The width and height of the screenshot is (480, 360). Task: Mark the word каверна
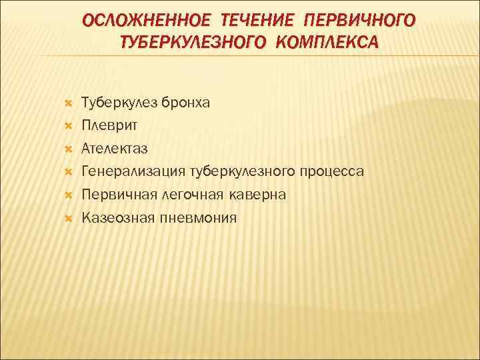point(257,195)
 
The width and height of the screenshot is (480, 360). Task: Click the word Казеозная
point(117,217)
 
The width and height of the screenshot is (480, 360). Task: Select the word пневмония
point(197,217)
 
